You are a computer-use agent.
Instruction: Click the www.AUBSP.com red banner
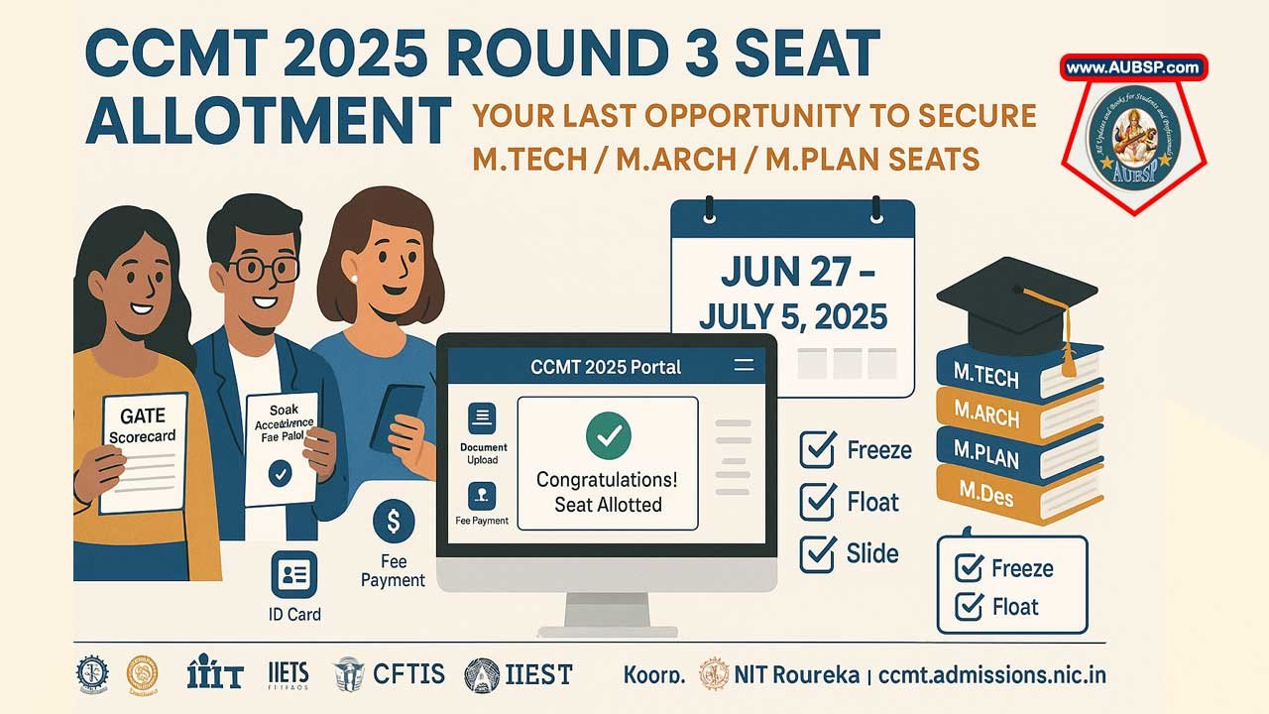point(1134,68)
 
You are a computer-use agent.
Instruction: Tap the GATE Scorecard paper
point(143,450)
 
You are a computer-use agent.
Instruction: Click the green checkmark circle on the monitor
point(607,435)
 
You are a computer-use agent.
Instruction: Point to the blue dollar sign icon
point(394,522)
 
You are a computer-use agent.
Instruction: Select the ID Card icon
point(294,574)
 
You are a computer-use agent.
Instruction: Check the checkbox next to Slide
point(818,553)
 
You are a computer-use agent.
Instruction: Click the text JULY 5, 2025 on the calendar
point(793,317)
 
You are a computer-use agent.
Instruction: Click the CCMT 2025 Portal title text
point(606,366)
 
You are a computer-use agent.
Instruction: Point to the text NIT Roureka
point(796,675)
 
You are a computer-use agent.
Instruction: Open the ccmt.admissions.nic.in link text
point(991,675)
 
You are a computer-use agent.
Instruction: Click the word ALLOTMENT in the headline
point(268,121)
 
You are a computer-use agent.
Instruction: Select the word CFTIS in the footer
point(408,674)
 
